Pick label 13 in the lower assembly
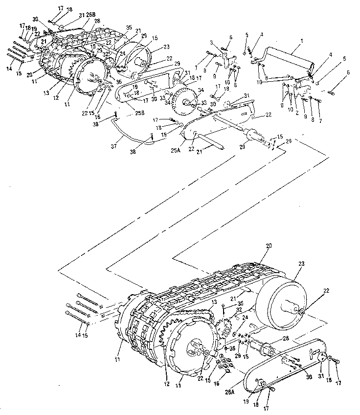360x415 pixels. (x=214, y=303)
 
